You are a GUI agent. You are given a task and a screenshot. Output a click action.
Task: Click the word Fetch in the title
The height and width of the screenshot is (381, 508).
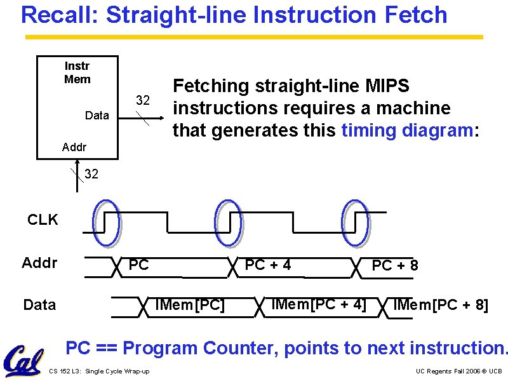click(414, 15)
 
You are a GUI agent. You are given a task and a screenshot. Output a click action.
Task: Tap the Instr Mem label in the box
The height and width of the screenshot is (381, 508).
click(77, 72)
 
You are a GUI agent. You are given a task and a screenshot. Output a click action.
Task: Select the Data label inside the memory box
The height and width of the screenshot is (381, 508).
click(97, 116)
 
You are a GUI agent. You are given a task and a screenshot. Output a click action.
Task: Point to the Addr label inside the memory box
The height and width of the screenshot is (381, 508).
click(74, 148)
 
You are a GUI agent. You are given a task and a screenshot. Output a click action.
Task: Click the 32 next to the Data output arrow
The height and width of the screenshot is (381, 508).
click(144, 100)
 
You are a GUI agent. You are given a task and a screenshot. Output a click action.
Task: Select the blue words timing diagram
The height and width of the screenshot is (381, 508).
click(406, 131)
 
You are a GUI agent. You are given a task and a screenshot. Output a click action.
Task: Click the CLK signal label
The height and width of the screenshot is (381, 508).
click(43, 220)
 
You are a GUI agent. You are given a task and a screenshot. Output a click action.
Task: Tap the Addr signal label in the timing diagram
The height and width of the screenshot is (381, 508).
click(39, 263)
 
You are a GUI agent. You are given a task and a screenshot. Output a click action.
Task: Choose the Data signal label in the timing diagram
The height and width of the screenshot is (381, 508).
click(39, 305)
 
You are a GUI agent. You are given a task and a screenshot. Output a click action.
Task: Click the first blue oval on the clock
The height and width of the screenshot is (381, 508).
click(105, 222)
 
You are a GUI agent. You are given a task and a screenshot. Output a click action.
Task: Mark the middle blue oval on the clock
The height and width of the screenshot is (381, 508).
click(229, 222)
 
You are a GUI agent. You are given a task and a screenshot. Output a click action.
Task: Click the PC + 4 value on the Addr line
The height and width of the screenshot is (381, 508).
click(268, 265)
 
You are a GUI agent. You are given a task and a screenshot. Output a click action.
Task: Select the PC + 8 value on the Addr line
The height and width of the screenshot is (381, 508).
click(395, 265)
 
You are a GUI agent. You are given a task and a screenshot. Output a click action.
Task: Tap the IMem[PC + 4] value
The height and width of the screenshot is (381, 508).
click(318, 305)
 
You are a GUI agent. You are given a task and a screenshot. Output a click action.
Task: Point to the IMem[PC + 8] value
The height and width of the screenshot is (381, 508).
click(441, 305)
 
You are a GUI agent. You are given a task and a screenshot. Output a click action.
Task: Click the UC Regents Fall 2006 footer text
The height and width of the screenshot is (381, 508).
click(458, 371)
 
